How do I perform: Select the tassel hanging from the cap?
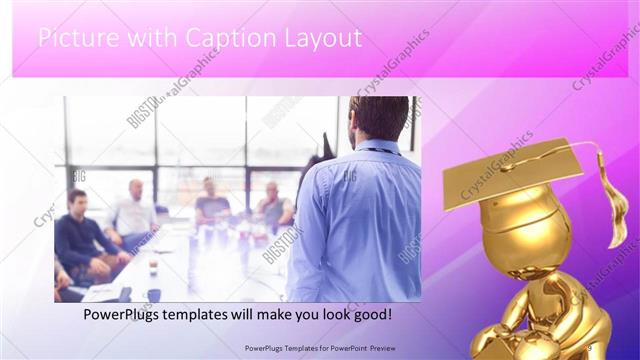[612, 200]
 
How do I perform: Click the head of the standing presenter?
[379, 119]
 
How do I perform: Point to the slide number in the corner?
[589, 346]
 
